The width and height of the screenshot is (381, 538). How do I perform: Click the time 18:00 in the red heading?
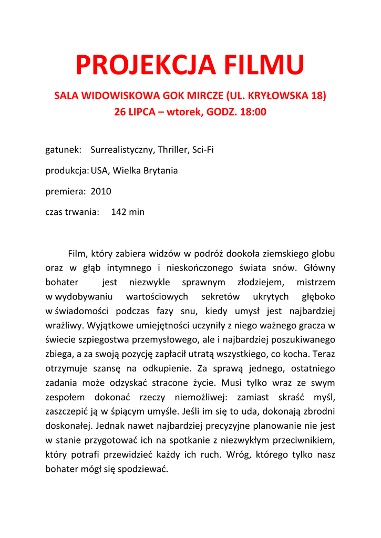point(254,112)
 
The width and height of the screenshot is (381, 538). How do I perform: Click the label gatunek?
point(63,150)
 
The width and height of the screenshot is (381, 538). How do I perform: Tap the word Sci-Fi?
point(202,150)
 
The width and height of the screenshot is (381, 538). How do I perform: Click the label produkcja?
point(67,171)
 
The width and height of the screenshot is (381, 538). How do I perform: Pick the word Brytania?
point(160,171)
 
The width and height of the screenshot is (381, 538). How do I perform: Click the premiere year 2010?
point(101,191)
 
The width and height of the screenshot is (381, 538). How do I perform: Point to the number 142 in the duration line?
point(119,212)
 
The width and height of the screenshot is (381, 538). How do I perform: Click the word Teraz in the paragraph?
point(323,354)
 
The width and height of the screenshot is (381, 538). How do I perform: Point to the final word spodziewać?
point(143,469)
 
